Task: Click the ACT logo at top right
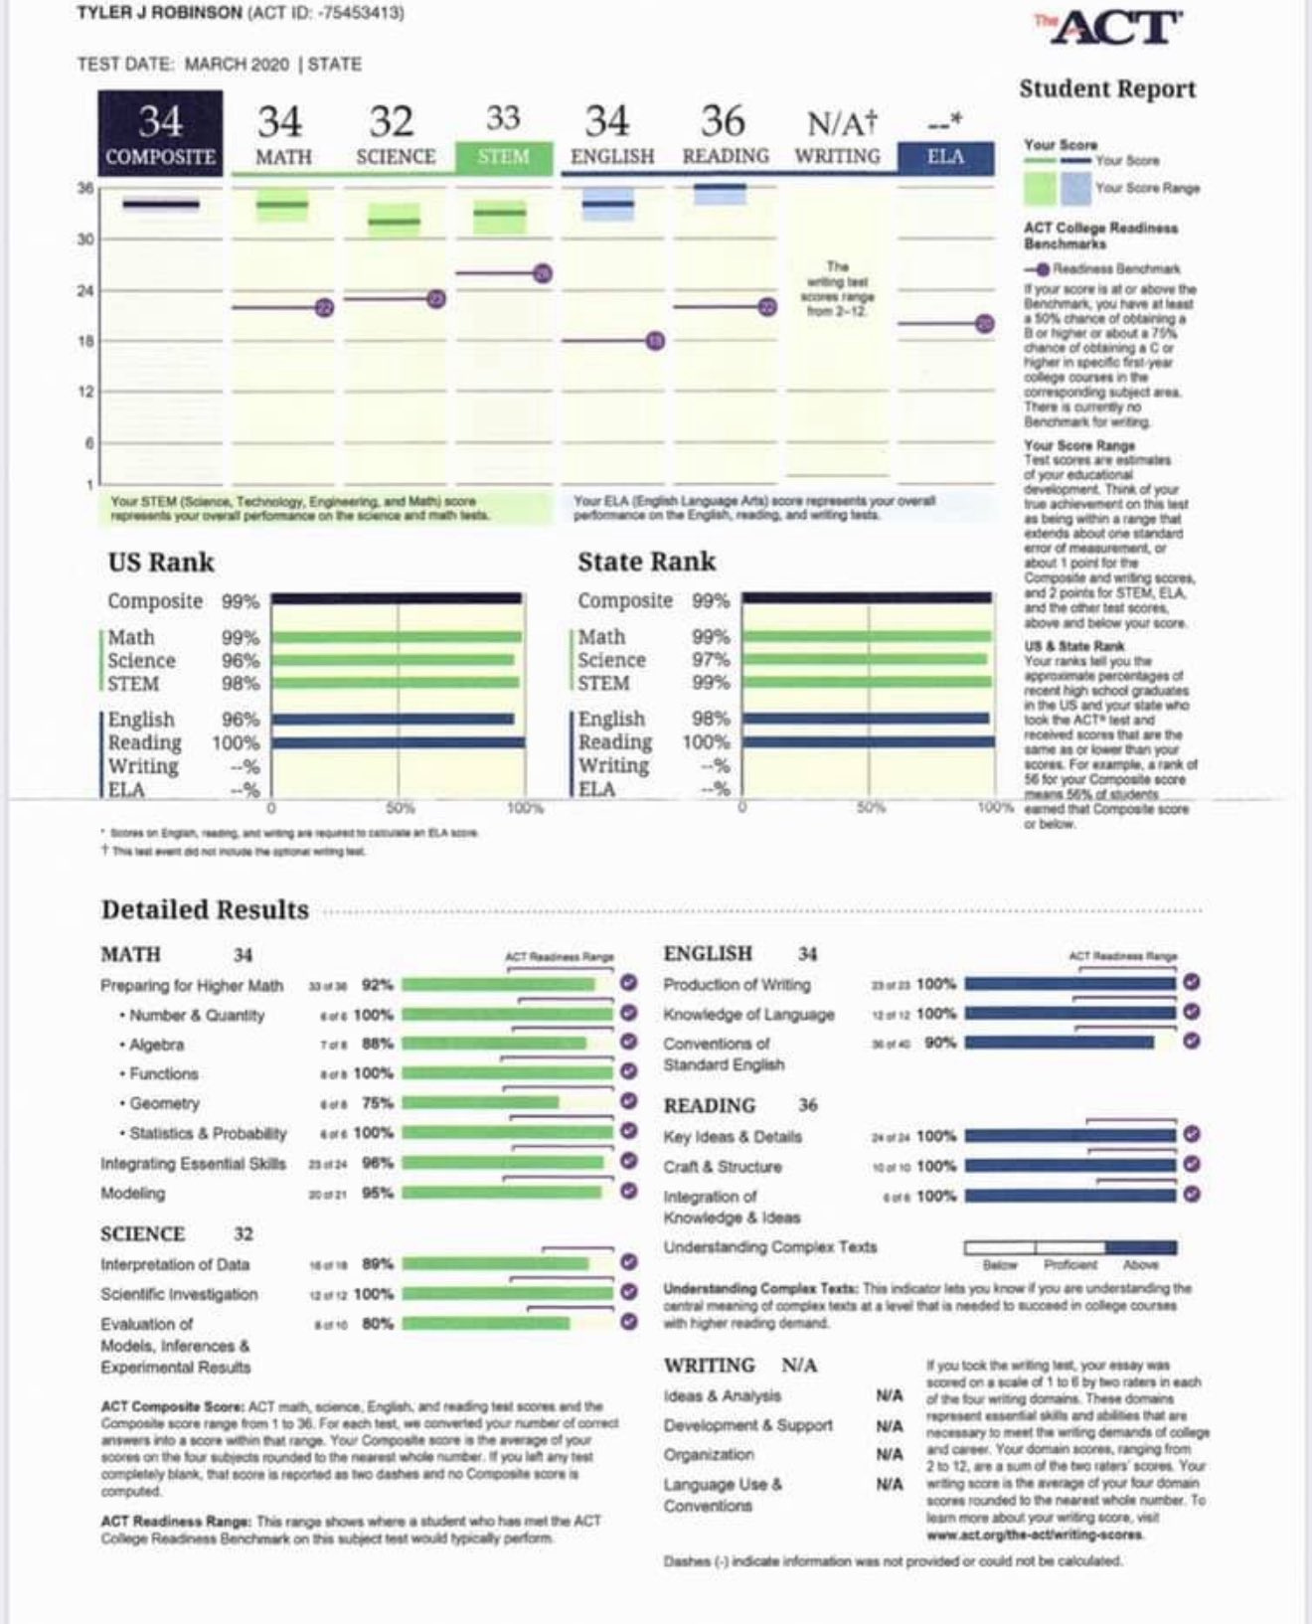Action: [x=1111, y=27]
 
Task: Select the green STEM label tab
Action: [x=503, y=157]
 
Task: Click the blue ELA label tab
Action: [x=944, y=157]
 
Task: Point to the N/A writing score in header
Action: [x=841, y=123]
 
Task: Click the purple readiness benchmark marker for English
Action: [x=655, y=341]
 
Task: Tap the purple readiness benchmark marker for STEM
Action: [x=542, y=273]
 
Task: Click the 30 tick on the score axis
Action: [x=85, y=239]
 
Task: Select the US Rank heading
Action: [x=161, y=563]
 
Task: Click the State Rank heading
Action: [x=646, y=562]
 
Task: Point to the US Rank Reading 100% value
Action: [x=236, y=742]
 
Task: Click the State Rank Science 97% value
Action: [x=711, y=660]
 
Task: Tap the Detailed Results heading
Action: [x=205, y=909]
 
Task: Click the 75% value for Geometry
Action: [x=378, y=1103]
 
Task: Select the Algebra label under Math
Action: [x=156, y=1045]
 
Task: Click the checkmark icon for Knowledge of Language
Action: [x=1192, y=1012]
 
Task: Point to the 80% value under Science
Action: [x=378, y=1324]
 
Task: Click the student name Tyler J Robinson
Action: [x=158, y=13]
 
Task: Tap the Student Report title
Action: [x=1107, y=89]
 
